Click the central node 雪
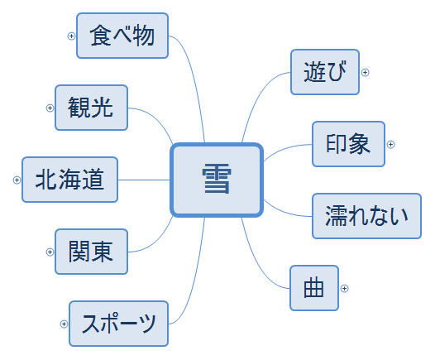tap(217, 180)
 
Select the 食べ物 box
tap(122, 36)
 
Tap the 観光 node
tap(91, 108)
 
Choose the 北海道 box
tap(70, 180)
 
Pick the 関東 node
tap(91, 252)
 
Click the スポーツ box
tap(119, 324)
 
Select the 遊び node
tap(325, 72)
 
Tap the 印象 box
tap(348, 144)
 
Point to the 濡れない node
tap(366, 216)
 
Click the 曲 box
tap(314, 288)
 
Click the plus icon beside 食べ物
tap(71, 36)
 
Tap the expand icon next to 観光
tap(50, 108)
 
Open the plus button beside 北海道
tap(17, 180)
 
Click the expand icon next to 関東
tap(50, 252)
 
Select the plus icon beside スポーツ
tap(64, 324)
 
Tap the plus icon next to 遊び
tap(365, 73)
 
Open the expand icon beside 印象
tap(391, 144)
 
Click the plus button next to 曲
tap(345, 288)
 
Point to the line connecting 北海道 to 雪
tap(144, 180)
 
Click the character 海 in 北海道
tap(70, 180)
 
